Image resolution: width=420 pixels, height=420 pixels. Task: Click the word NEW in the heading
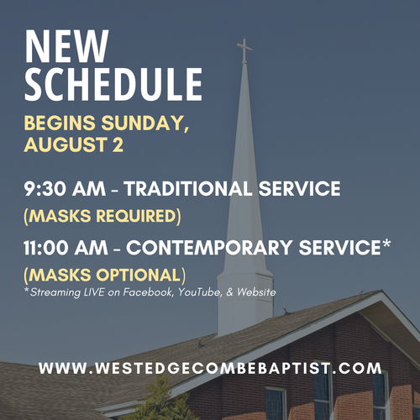66,46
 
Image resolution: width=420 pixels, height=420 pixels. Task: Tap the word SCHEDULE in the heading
113,84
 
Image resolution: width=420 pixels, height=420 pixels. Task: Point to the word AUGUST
66,144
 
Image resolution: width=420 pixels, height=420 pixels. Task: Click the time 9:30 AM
65,188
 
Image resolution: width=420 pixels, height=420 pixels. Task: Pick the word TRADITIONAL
188,188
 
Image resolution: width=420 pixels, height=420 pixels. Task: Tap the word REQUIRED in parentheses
137,216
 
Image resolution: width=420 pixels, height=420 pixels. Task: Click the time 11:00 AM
66,248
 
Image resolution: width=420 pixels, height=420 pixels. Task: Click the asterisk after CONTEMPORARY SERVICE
386,244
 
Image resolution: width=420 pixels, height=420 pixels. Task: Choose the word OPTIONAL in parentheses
139,275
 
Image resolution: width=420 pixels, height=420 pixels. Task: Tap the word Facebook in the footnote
148,292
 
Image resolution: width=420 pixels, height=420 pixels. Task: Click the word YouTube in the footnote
200,292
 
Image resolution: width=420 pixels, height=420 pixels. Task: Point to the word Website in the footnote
256,292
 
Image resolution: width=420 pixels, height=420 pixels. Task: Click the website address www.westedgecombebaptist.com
210,368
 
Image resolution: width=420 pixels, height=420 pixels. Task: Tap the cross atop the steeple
244,50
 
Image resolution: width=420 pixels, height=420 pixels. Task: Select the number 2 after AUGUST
118,144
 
